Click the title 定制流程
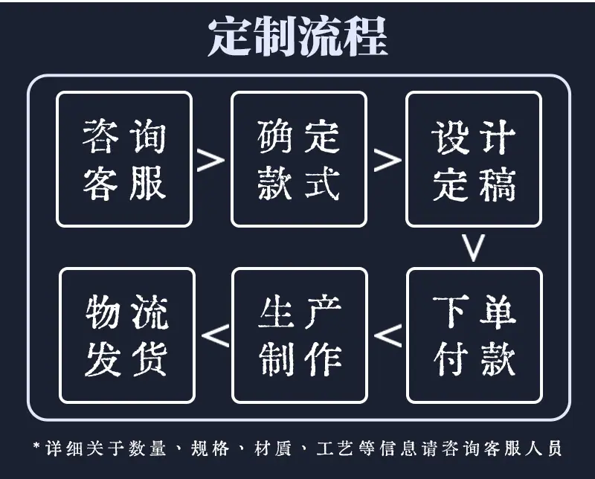pos(298,37)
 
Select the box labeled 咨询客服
pos(124,159)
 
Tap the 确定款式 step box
pos(299,159)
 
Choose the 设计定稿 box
pos(474,159)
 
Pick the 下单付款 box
pos(475,335)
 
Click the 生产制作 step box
pos(300,335)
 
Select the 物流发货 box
pos(127,335)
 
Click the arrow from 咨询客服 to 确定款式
pos(211,160)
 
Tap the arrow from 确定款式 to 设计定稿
pos(387,160)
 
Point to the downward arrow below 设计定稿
pos(473,248)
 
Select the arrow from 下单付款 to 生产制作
pos(387,335)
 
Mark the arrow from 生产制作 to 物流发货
pos(216,335)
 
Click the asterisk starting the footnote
pos(36,445)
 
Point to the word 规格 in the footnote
pos(210,449)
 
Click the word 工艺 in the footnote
pos(335,449)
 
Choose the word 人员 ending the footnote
pos(544,449)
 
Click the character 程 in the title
pos(365,37)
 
